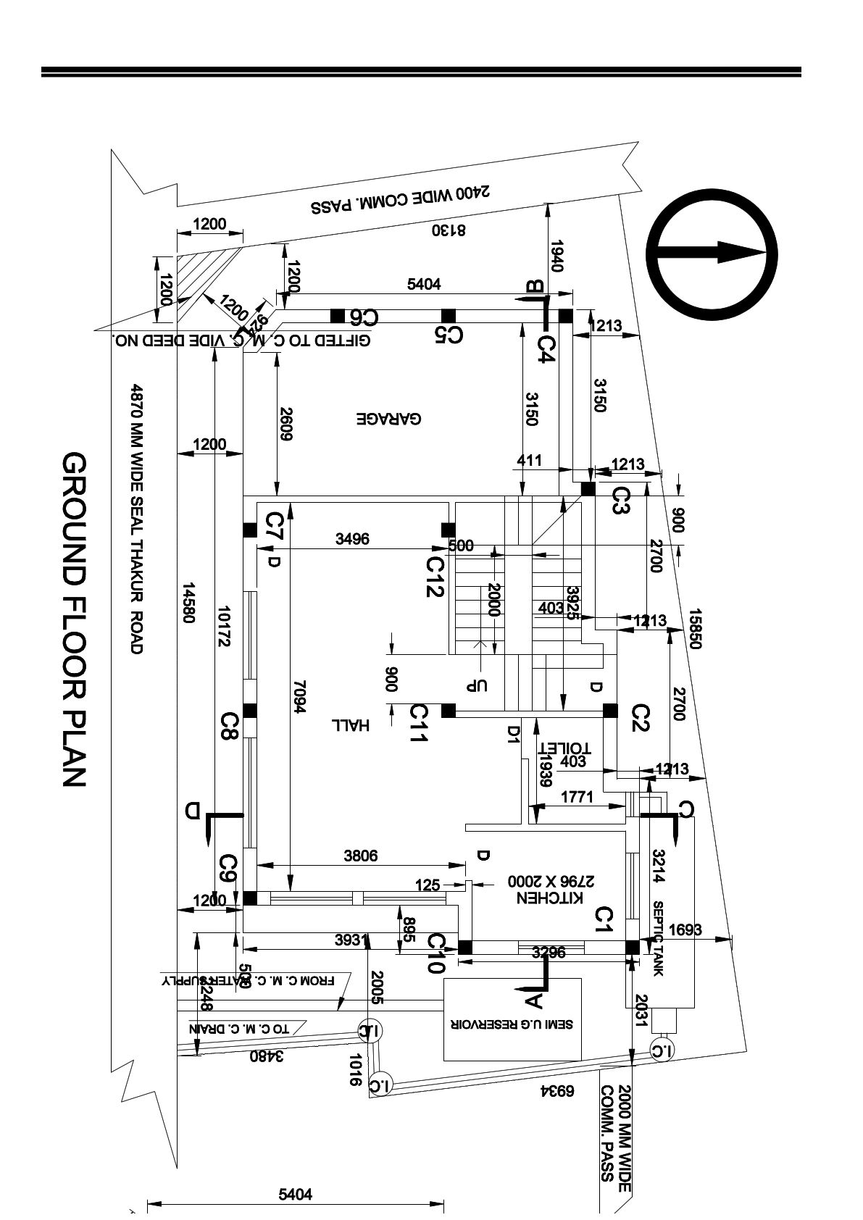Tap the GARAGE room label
pos(389,419)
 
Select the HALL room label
pos(351,724)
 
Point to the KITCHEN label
pos(550,898)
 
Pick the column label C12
pos(435,577)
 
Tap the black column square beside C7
pos(250,530)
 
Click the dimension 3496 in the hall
pos(352,538)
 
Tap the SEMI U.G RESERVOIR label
pos(513,1024)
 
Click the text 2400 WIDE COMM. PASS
pos(401,201)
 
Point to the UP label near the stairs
pos(478,685)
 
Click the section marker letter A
pos(533,1000)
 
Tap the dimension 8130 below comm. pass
pos(449,230)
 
